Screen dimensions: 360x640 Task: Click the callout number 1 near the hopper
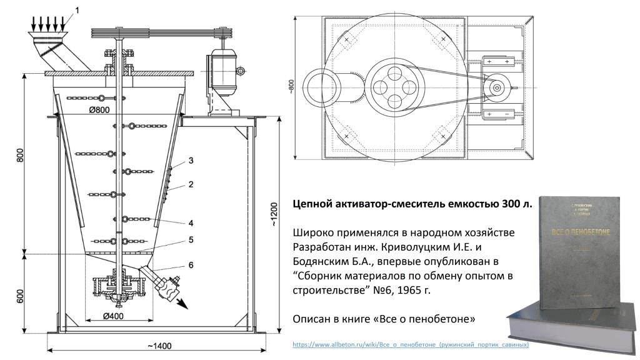77,9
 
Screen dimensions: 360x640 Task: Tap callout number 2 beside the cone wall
191,184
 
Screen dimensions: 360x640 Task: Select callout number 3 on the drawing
191,161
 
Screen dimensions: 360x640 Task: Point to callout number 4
191,222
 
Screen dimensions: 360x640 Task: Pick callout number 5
191,239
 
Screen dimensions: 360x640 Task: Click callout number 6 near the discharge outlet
191,265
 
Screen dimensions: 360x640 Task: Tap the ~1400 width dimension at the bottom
160,346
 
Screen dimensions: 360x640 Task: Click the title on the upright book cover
578,231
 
